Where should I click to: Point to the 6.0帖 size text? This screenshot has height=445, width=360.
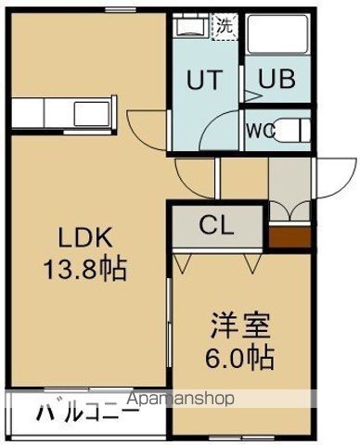tap(238, 356)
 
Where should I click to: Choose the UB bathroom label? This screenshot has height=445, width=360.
tap(276, 79)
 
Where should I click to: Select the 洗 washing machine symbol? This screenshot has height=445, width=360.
tap(225, 26)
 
